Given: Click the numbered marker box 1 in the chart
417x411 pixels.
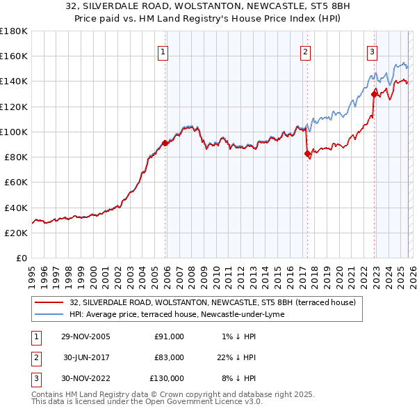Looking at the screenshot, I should [163, 51].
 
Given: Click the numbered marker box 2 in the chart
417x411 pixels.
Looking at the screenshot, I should [305, 51].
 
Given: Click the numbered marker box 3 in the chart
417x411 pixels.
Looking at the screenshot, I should [372, 51].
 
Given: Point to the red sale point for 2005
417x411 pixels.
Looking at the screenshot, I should [165, 143].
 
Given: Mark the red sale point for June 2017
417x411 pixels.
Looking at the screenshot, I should [307, 154].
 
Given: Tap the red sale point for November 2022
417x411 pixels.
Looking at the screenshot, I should [374, 94].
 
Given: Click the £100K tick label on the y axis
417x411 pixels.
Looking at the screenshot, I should [14, 132].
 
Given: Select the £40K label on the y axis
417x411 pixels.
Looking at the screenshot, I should [16, 208].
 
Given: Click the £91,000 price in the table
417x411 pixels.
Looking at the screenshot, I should [169, 336].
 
